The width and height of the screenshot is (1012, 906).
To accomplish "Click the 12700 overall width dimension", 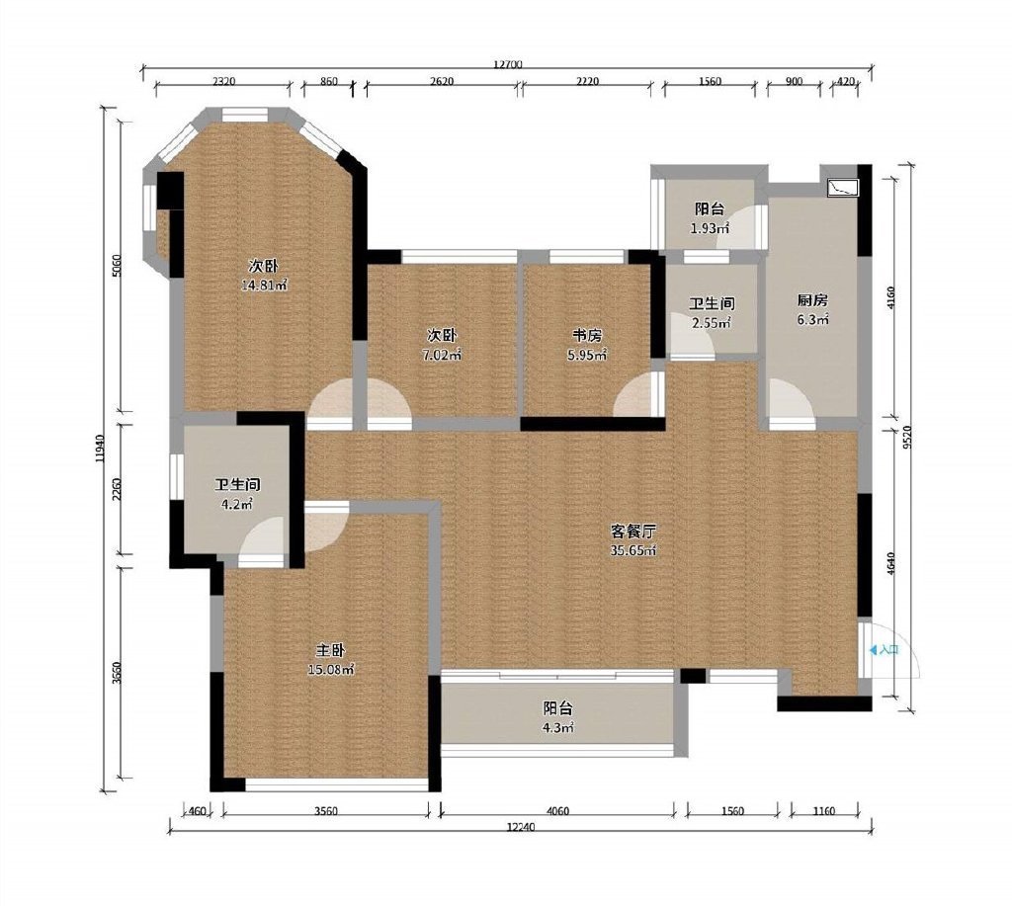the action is point(507,64).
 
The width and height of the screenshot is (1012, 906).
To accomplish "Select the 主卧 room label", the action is point(331,650).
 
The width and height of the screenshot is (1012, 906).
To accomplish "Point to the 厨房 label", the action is point(812,300).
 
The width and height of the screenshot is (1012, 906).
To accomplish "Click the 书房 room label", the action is point(587,336).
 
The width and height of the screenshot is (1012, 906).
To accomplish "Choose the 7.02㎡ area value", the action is point(442,355).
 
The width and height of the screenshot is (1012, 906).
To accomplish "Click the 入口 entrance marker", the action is point(884,650).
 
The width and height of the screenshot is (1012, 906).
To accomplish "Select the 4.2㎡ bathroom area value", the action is point(237,505).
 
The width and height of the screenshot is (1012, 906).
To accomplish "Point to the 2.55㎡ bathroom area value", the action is point(712,323).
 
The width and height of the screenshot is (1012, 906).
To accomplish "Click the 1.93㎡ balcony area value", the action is point(710,228).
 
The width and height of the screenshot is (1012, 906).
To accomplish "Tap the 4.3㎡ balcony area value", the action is point(559,728).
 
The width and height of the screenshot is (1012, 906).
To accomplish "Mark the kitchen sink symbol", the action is point(843,187).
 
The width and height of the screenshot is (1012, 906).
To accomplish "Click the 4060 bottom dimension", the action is point(557,811).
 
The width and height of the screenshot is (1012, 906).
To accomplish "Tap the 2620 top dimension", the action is point(442,81).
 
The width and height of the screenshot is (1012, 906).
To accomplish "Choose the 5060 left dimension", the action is point(117,265).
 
